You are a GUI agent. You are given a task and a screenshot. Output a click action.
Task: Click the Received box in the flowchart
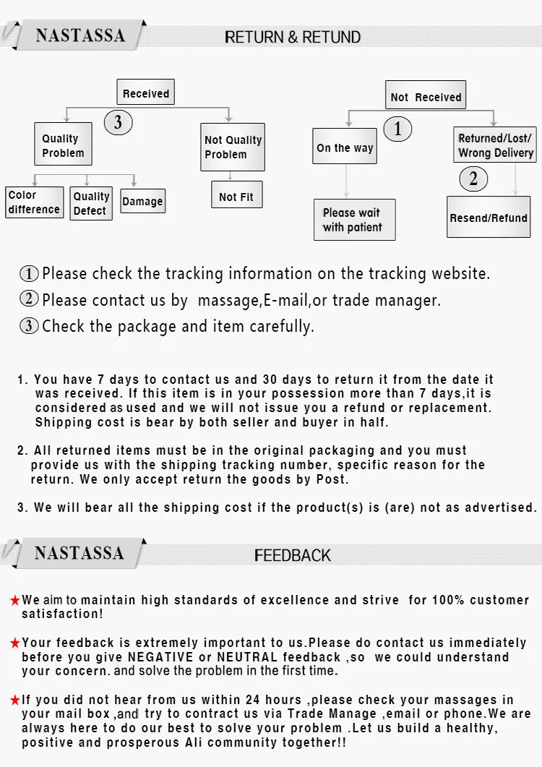145,93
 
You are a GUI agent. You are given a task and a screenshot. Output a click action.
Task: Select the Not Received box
425,96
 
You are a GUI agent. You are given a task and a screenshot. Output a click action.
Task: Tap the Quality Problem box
63,145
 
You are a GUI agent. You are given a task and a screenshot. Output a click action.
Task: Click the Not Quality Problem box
233,147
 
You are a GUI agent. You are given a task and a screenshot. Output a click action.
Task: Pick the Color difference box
34,202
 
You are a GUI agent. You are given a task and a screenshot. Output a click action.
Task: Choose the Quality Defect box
91,203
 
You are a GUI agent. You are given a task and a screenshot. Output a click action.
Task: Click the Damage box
142,202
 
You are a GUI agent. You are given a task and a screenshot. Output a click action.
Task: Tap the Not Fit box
236,196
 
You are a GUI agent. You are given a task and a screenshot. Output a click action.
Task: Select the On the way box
345,147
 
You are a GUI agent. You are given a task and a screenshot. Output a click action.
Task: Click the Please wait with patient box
354,220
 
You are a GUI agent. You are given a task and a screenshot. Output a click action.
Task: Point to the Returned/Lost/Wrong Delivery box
495,145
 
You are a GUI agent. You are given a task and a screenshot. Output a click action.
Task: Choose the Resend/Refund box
489,217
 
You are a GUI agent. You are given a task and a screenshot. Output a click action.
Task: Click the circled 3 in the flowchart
119,123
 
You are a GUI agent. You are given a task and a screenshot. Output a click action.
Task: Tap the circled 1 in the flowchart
397,129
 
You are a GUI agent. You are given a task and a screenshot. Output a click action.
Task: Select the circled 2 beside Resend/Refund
473,178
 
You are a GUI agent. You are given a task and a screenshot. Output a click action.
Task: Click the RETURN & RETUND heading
293,37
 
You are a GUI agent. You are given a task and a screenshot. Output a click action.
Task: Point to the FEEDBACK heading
293,555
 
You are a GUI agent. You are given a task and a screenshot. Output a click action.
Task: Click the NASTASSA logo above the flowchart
80,35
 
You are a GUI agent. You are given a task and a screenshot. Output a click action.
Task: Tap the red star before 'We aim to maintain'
14,600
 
